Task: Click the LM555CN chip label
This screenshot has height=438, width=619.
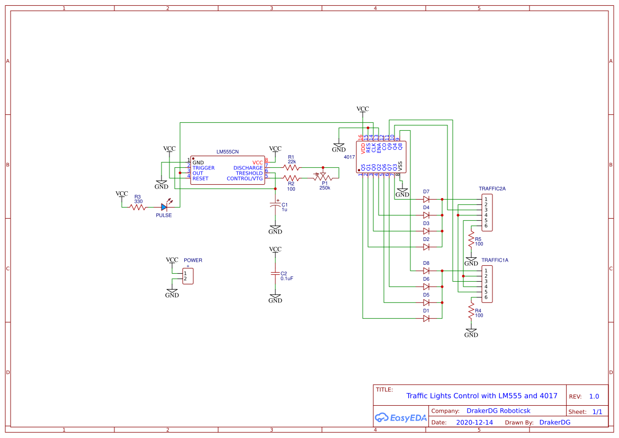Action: [x=227, y=151]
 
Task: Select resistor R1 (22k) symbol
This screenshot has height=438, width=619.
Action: [x=291, y=167]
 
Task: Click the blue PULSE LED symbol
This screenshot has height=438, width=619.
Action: [x=165, y=207]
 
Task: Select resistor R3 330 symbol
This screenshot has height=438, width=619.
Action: [x=138, y=207]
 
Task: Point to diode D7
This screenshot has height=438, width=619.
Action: [x=426, y=199]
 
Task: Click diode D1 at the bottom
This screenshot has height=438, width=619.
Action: [x=426, y=318]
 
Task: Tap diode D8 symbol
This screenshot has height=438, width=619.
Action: [x=426, y=271]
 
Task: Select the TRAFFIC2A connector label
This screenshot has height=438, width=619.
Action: [x=492, y=189]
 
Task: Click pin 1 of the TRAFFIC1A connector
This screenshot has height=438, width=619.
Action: [x=486, y=271]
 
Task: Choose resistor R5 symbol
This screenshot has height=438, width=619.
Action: [x=471, y=239]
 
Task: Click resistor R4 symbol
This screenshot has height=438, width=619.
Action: [x=471, y=311]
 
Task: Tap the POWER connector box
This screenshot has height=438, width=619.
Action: [x=187, y=276]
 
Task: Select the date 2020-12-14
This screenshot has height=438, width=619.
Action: [x=474, y=423]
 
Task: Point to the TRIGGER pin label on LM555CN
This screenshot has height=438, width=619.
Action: [x=203, y=168]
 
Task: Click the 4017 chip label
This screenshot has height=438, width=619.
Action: [x=349, y=157]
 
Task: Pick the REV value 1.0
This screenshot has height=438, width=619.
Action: [x=594, y=396]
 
